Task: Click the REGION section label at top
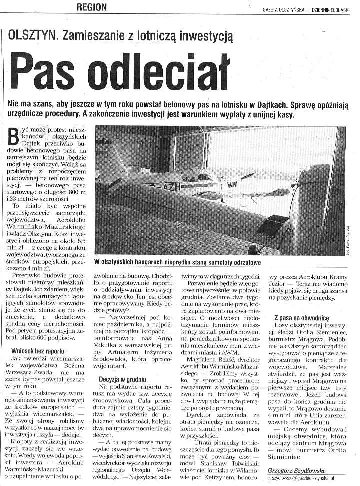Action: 92,7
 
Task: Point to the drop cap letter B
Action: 15,136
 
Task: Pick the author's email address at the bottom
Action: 307,478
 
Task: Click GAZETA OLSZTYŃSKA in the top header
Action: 283,9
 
